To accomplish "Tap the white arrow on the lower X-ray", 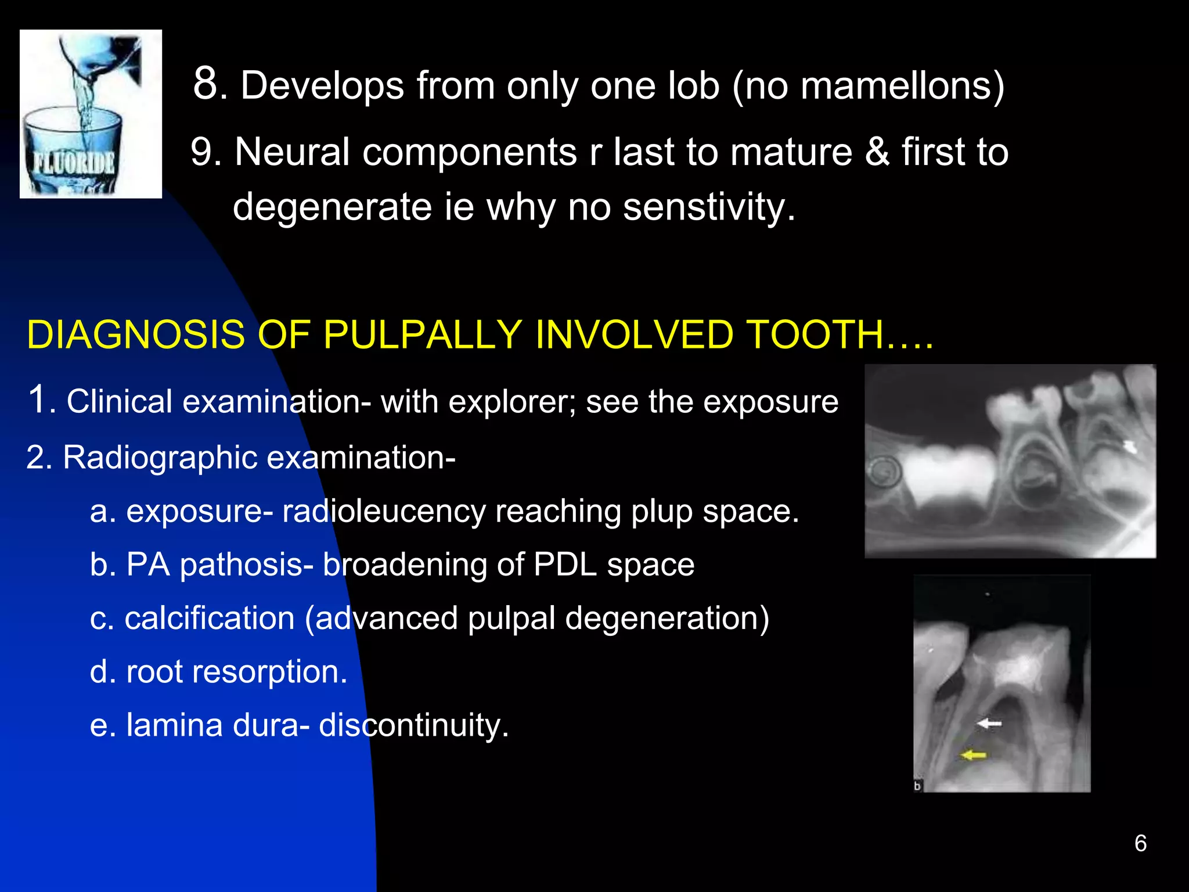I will coord(989,724).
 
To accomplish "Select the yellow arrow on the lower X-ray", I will coord(974,755).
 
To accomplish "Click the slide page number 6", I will coord(1140,843).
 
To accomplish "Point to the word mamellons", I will coord(896,86).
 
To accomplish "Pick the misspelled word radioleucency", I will coord(384,512).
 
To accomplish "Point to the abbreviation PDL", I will coord(565,565).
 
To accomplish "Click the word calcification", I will coord(210,618).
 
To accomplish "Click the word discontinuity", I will coord(413,725).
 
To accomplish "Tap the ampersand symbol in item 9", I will coord(877,152).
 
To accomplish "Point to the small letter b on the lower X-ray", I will coord(918,786).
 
